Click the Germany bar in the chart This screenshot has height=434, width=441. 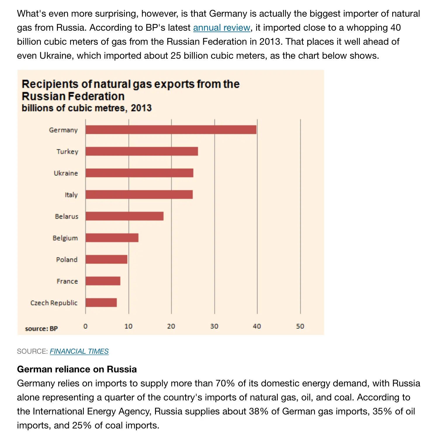[x=171, y=130]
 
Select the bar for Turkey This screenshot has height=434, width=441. [x=142, y=151]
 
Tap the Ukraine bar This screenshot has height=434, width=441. [x=139, y=173]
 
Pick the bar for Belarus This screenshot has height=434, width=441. [x=124, y=216]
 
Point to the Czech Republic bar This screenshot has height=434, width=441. [x=101, y=303]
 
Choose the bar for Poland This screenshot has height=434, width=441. [x=106, y=259]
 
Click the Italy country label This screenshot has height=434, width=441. [x=71, y=195]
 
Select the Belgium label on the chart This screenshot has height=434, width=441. [x=65, y=238]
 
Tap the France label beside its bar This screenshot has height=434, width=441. [x=67, y=281]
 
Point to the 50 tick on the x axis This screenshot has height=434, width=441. [x=300, y=326]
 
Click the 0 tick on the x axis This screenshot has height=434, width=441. [x=85, y=326]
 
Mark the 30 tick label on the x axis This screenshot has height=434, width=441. [x=214, y=326]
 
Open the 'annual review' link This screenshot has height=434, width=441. [x=222, y=28]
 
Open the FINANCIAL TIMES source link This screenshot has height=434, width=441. [x=79, y=351]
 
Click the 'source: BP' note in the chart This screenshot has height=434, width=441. [x=41, y=329]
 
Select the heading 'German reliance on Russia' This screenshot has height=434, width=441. [x=77, y=369]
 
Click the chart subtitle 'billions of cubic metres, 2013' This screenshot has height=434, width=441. [x=86, y=108]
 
